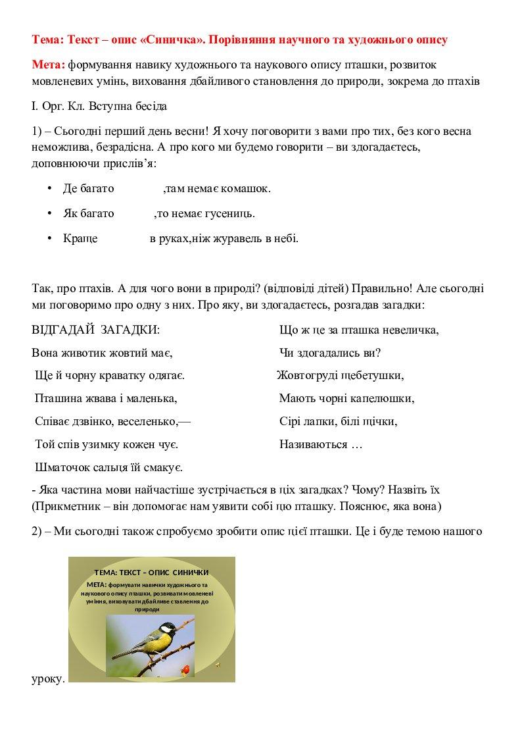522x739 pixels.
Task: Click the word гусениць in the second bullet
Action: (232, 214)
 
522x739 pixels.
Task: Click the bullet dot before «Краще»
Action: (49, 239)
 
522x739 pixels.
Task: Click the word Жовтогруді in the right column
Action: (305, 375)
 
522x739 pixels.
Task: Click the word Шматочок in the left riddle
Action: (58, 467)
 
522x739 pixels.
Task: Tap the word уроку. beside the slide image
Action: (48, 678)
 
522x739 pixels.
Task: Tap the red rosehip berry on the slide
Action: (186, 669)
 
